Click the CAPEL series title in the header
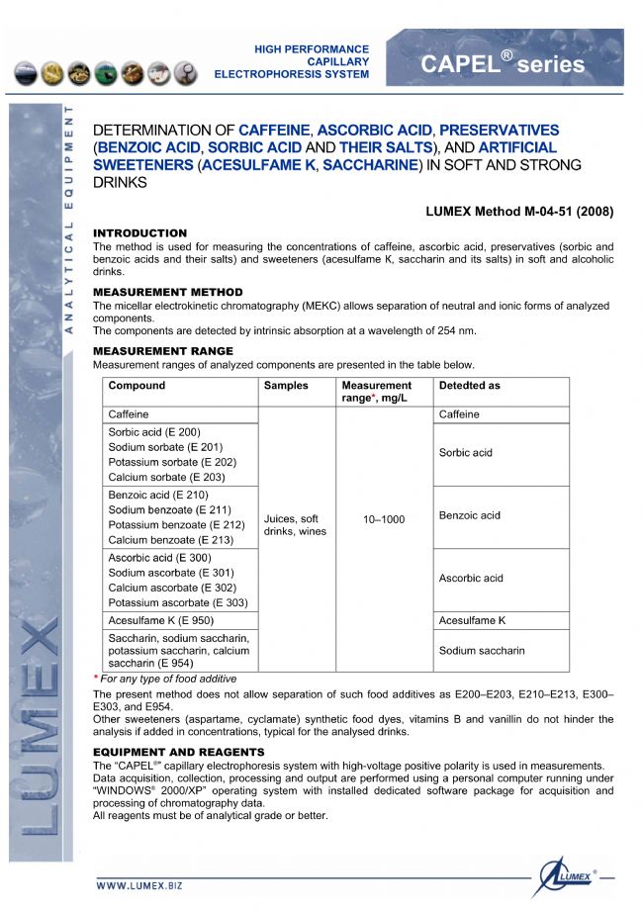[503, 64]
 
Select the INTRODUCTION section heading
[139, 233]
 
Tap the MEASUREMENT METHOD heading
[167, 293]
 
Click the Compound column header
[137, 386]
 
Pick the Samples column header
[286, 386]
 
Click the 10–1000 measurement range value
[385, 519]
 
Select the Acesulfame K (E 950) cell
[161, 620]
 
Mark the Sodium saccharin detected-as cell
[482, 651]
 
